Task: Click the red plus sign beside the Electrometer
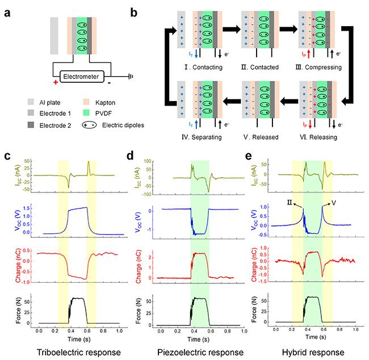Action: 55,83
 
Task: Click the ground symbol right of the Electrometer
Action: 132,76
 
